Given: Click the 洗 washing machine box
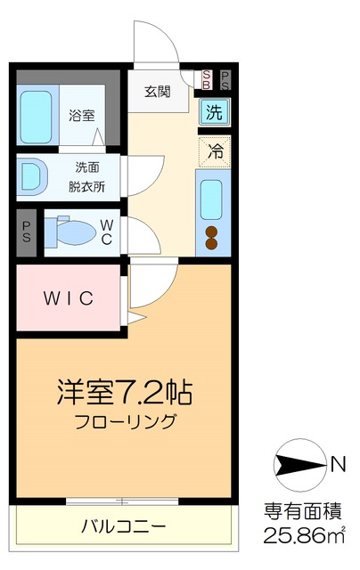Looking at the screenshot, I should (x=214, y=112).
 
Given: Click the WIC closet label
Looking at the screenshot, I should (x=69, y=298).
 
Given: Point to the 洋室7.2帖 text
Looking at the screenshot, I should (x=126, y=391).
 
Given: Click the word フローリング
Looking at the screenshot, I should (x=126, y=421).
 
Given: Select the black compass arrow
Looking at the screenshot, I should (x=300, y=463).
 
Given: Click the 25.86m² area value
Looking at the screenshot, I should (x=304, y=536).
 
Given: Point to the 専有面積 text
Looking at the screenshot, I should (x=303, y=511).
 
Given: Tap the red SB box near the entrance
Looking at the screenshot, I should (x=207, y=79).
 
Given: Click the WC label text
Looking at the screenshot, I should (x=106, y=233).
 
